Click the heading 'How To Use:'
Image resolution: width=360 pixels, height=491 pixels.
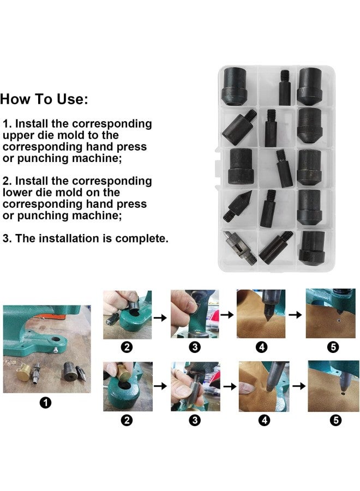(x=44, y=99)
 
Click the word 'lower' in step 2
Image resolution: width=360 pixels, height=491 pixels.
(x=17, y=192)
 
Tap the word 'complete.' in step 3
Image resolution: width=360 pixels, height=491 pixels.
(x=143, y=238)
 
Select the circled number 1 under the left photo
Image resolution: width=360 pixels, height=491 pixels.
(x=46, y=403)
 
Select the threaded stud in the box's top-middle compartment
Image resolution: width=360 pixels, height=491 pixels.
(x=284, y=86)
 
